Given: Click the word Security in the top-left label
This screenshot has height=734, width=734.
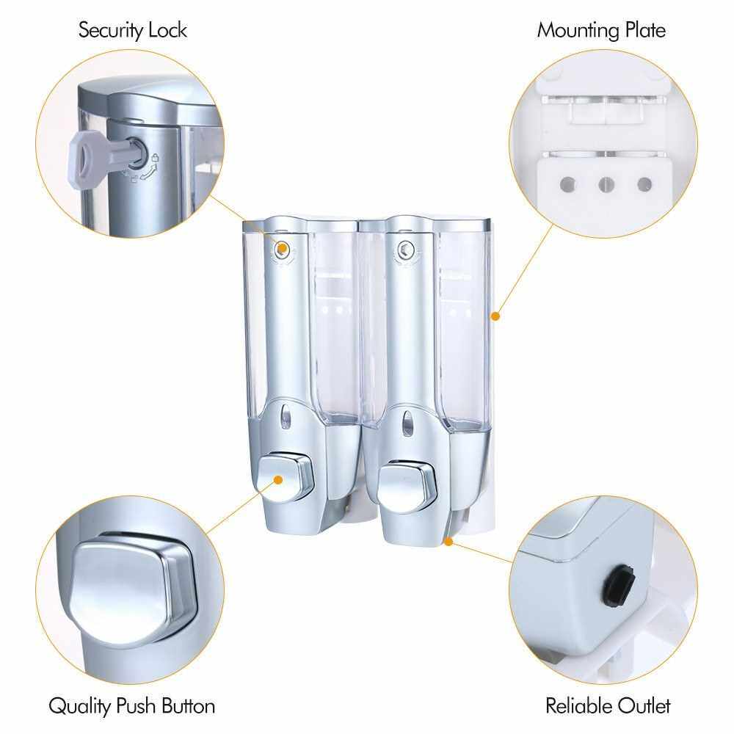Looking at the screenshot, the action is pyautogui.click(x=111, y=31).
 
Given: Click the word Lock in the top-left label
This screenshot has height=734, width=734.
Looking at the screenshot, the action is pyautogui.click(x=168, y=30).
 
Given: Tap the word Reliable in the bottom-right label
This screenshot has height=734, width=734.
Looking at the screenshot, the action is pyautogui.click(x=580, y=705).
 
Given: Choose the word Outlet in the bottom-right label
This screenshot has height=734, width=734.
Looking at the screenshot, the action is pyautogui.click(x=645, y=706).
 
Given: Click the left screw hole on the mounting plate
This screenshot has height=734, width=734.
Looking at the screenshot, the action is pyautogui.click(x=568, y=184).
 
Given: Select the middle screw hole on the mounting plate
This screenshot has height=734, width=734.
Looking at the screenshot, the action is pyautogui.click(x=607, y=184).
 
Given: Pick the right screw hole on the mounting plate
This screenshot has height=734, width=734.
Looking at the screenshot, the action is pyautogui.click(x=644, y=184).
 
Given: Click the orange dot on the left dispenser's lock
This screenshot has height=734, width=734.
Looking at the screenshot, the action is pyautogui.click(x=282, y=248).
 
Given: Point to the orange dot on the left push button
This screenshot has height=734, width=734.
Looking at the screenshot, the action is pyautogui.click(x=278, y=480).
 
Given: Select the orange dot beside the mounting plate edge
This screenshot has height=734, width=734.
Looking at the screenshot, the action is pyautogui.click(x=495, y=316).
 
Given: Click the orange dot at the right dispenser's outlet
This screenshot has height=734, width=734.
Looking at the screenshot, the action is pyautogui.click(x=448, y=542).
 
